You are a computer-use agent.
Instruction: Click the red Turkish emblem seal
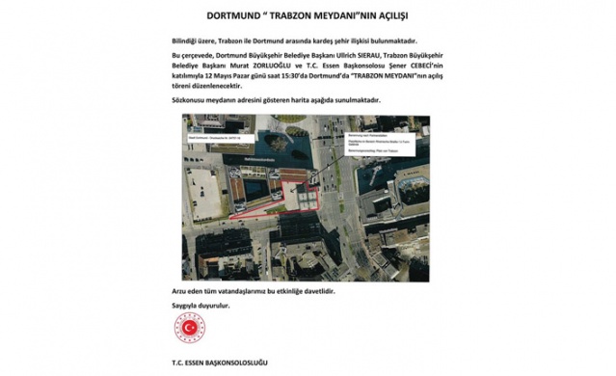click(190, 330)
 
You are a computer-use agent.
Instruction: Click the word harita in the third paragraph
click(296, 100)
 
